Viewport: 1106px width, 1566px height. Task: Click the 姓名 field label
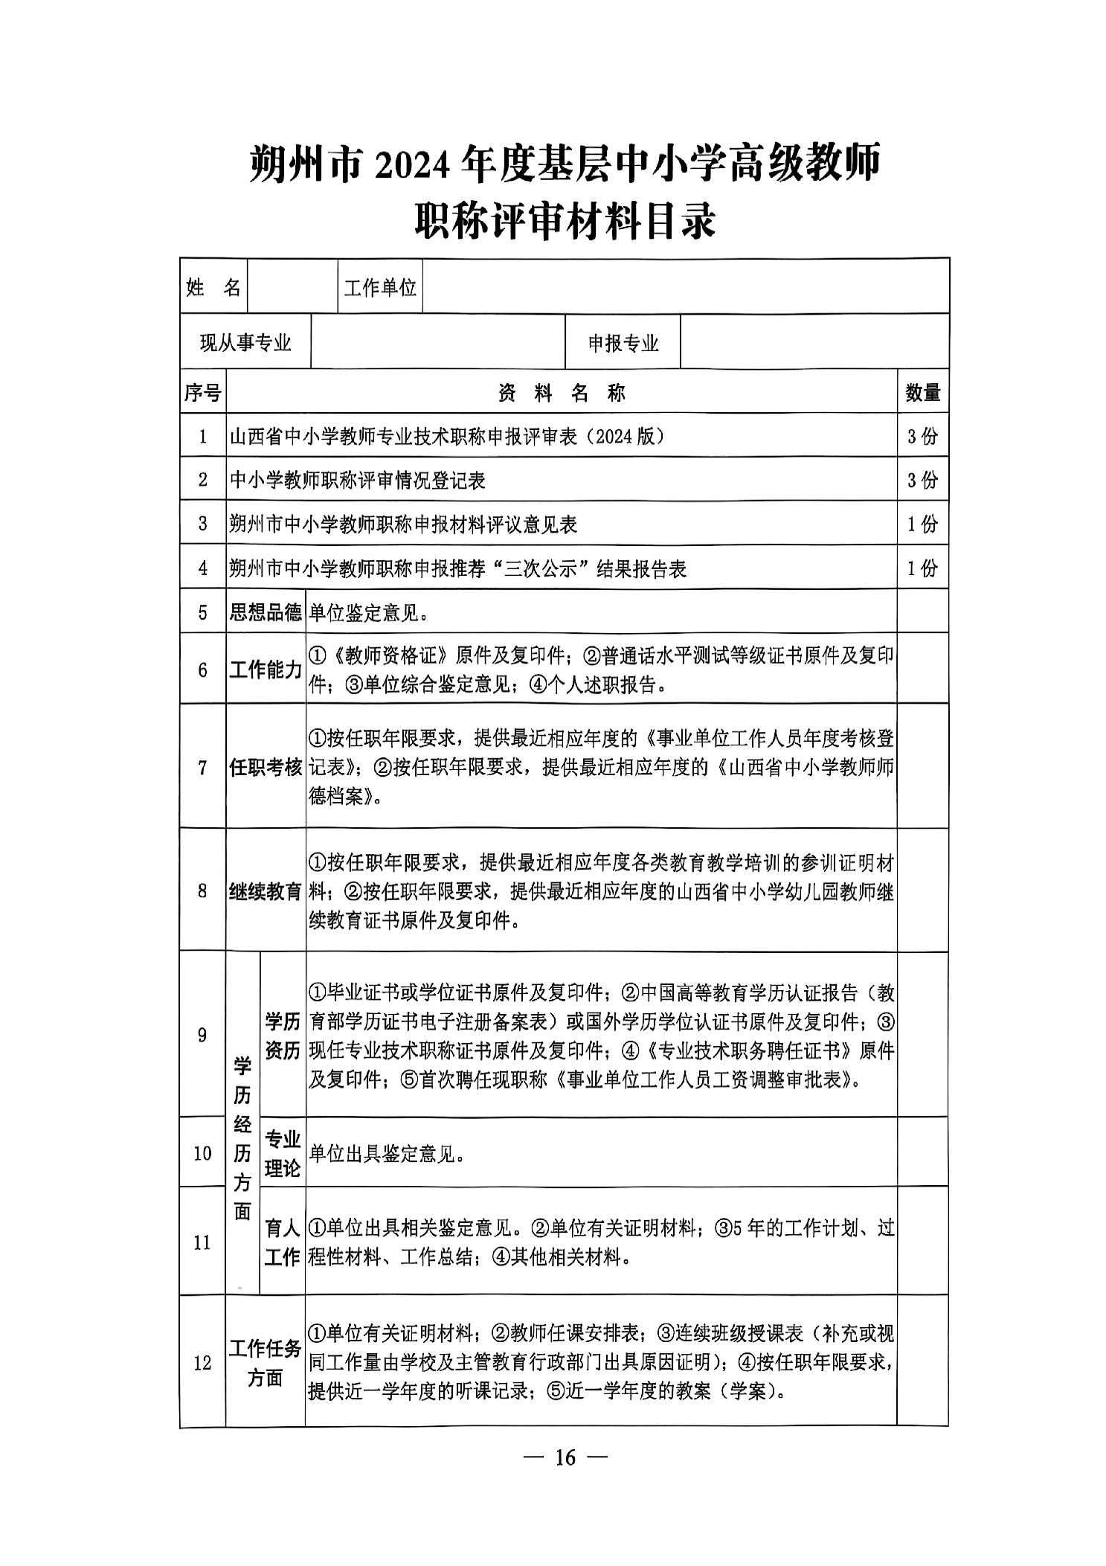click(213, 286)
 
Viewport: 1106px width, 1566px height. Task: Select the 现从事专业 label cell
click(245, 342)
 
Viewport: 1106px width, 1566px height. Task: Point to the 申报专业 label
click(623, 343)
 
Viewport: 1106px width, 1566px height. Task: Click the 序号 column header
click(202, 392)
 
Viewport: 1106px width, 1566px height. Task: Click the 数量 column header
click(922, 392)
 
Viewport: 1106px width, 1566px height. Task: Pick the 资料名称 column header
click(562, 392)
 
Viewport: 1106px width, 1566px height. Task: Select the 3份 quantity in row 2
click(922, 480)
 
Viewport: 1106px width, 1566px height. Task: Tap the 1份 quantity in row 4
click(922, 568)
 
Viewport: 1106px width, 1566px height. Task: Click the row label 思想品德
click(266, 612)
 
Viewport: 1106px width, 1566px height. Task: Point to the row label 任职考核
click(266, 767)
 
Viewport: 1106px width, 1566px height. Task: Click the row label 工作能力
click(266, 670)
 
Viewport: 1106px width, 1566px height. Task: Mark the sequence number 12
click(202, 1363)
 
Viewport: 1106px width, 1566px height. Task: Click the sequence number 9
click(202, 1034)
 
